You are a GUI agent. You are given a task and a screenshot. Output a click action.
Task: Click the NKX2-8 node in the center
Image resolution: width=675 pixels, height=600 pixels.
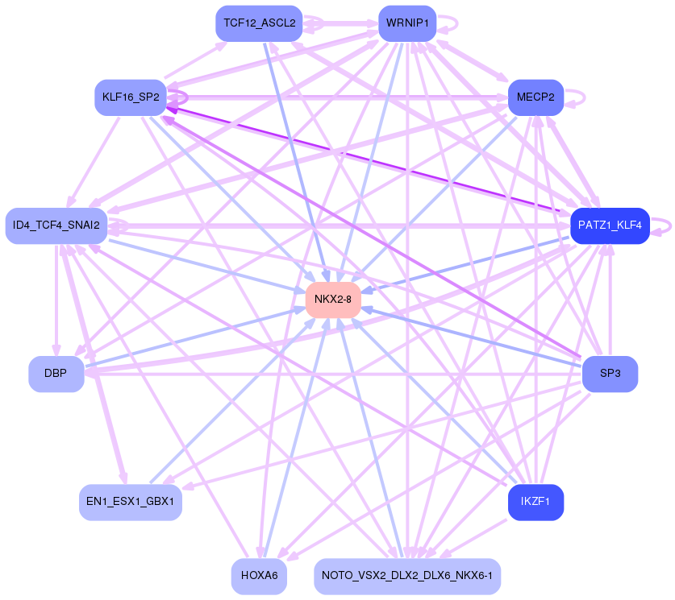[333, 300]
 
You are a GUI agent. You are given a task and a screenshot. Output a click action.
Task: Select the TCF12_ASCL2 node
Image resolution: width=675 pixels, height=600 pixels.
[259, 23]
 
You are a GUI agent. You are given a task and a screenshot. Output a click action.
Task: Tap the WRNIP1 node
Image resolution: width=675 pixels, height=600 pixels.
[407, 23]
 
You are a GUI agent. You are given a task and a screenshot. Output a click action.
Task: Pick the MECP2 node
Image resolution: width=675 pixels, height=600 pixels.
[535, 97]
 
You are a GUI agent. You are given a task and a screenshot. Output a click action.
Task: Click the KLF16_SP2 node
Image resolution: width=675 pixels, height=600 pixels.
[130, 97]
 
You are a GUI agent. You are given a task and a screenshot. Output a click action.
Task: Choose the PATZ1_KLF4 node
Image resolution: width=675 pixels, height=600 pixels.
[610, 226]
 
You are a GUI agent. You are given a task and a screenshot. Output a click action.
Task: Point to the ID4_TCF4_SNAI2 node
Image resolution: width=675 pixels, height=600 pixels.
[56, 226]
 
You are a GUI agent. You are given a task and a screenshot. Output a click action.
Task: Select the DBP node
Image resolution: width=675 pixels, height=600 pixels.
[56, 374]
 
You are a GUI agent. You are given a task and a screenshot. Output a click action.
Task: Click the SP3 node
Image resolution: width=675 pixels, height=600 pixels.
[610, 374]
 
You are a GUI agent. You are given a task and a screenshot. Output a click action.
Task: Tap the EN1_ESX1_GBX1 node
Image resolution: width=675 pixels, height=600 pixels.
[130, 502]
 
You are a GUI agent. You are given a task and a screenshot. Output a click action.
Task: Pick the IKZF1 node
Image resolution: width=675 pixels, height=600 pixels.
[535, 502]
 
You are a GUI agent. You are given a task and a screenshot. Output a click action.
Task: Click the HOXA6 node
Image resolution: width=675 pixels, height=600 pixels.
[259, 576]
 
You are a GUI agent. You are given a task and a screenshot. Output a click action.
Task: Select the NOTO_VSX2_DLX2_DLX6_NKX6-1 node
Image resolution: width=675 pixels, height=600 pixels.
[407, 576]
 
